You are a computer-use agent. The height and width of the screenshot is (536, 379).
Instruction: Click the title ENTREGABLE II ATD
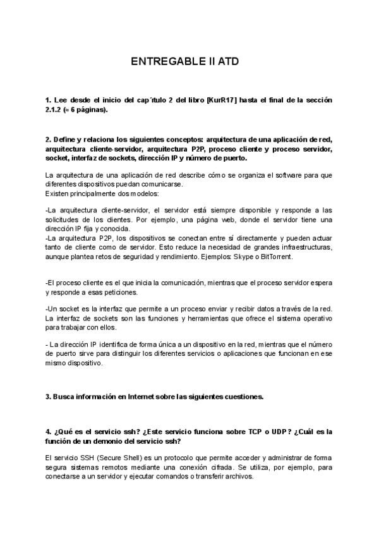(x=185, y=62)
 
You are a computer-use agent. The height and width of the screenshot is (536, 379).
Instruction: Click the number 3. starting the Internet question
(x=49, y=397)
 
